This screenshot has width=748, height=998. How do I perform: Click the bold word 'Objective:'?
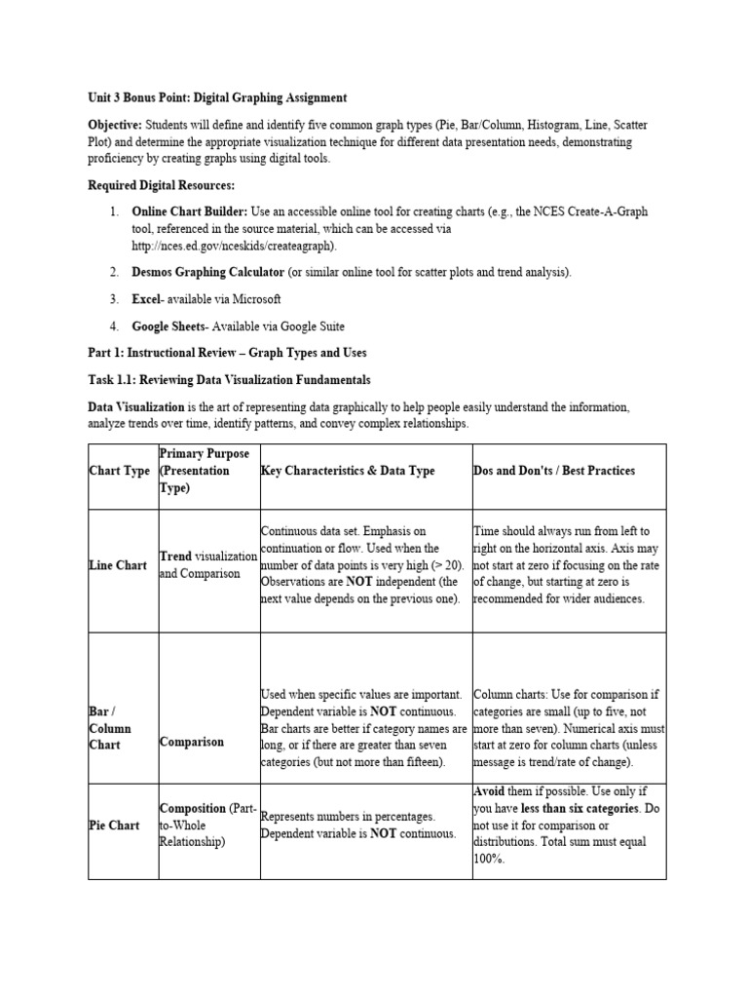tap(115, 126)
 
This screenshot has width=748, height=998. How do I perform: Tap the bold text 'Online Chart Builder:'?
tap(189, 211)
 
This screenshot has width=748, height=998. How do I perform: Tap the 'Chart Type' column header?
tap(119, 471)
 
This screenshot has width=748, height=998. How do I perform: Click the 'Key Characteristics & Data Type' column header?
tap(348, 471)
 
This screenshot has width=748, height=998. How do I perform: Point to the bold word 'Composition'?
tap(191, 808)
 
